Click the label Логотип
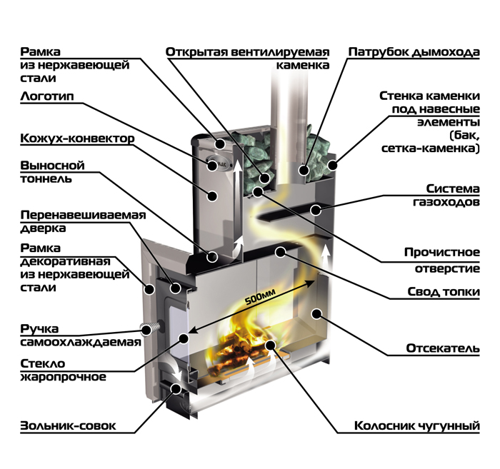coord(47,96)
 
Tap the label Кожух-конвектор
coord(77,138)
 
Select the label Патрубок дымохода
coord(414,52)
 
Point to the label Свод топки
coord(444,291)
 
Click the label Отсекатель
coord(443,348)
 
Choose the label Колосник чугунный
coord(417,425)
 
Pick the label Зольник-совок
coord(68,425)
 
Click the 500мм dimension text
coord(261,297)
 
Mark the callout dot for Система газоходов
coord(316,210)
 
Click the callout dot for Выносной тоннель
coord(211,256)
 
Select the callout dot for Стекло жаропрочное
coord(184,338)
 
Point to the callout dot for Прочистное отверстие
coord(258,192)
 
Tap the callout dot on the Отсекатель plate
coord(316,313)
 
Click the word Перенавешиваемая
coord(83,216)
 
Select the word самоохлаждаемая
coord(81,342)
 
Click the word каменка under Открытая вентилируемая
coord(303,65)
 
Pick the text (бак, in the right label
coord(464,136)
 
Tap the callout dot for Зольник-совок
coord(176,389)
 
